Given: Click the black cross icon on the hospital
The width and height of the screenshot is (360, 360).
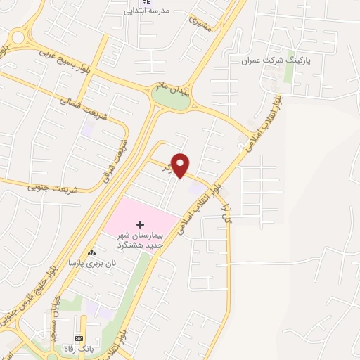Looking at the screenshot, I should [139, 222].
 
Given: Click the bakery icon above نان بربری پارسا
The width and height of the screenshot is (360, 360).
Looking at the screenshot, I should [92, 252].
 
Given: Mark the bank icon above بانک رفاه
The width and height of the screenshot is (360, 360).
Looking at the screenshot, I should [79, 338].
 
